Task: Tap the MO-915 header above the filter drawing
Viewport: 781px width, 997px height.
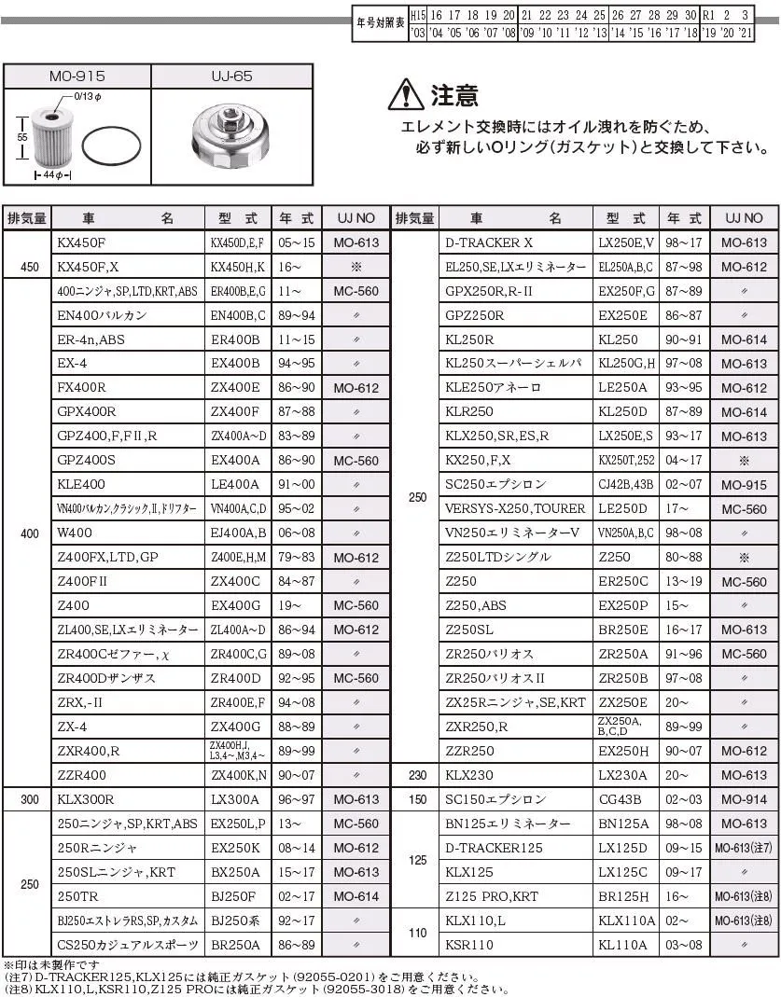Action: tap(77, 76)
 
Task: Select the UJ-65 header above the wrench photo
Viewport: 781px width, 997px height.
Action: tap(230, 76)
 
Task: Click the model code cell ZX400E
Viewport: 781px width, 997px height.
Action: tap(237, 388)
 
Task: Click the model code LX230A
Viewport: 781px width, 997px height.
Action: tap(625, 776)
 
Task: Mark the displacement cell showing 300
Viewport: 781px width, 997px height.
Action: tap(29, 800)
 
